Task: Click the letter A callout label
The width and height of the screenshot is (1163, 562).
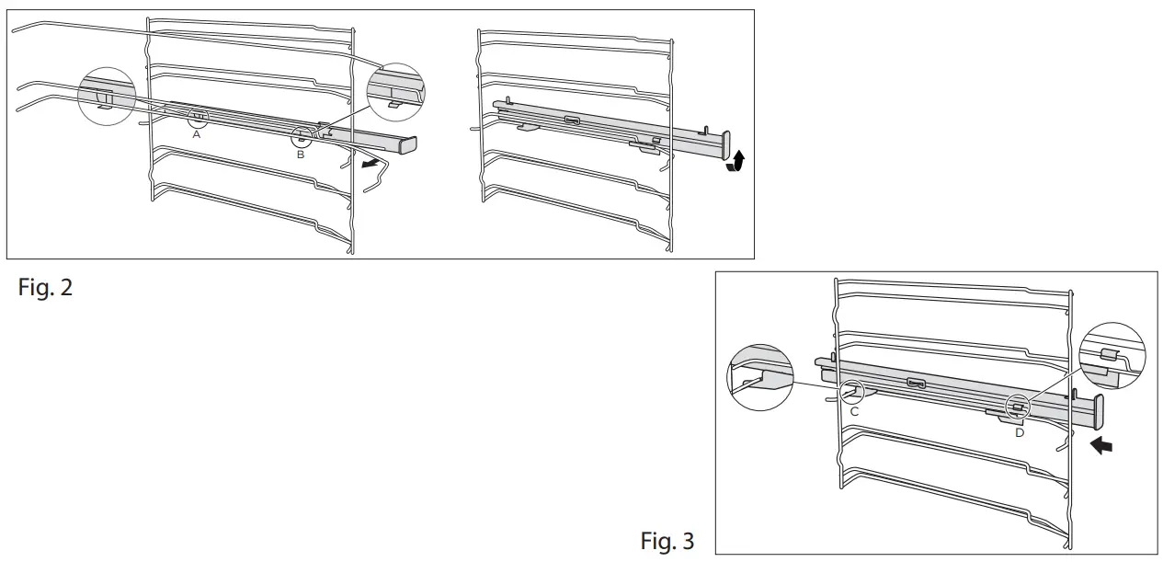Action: click(196, 133)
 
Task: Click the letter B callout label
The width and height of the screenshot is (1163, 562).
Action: click(301, 155)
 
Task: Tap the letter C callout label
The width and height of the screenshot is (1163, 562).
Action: click(854, 411)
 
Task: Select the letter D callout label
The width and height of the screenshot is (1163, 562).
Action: click(1019, 432)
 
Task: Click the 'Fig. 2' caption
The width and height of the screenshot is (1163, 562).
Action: click(45, 287)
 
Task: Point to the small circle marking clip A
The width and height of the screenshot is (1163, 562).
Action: click(198, 117)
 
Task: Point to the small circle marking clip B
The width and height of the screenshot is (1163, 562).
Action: click(302, 137)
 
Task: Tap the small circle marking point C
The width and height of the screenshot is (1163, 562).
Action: click(855, 392)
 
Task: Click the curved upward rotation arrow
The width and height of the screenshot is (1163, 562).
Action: click(735, 164)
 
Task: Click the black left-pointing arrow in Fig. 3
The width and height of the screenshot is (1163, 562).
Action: click(1100, 445)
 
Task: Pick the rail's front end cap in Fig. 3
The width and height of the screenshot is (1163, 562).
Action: click(1098, 412)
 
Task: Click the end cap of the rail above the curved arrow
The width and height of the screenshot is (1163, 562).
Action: click(725, 144)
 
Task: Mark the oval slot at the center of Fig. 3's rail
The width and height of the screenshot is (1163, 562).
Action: click(916, 382)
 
